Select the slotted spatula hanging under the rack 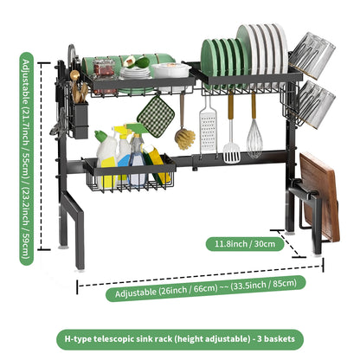(231, 138)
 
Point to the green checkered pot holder (157, 110)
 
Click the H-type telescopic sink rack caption (180, 337)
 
